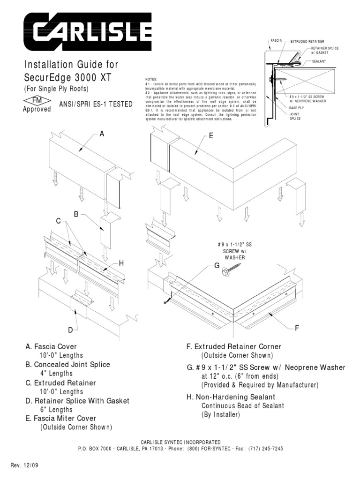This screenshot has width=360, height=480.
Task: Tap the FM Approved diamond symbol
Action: click(x=37, y=101)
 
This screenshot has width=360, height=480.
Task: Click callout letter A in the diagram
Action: click(x=102, y=134)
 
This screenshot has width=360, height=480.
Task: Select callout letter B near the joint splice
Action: click(x=75, y=215)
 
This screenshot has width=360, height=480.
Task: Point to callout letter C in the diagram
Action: click(x=59, y=221)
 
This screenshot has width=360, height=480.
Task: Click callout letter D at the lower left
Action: click(x=70, y=330)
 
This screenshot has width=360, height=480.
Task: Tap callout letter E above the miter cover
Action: click(x=211, y=136)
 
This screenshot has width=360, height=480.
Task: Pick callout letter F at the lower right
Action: click(x=297, y=328)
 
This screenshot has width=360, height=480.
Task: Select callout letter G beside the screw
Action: click(x=217, y=266)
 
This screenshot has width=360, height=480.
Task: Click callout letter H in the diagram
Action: click(x=121, y=264)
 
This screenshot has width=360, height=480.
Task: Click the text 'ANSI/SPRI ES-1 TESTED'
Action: click(x=96, y=105)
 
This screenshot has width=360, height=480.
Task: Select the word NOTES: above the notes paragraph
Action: click(x=151, y=80)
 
